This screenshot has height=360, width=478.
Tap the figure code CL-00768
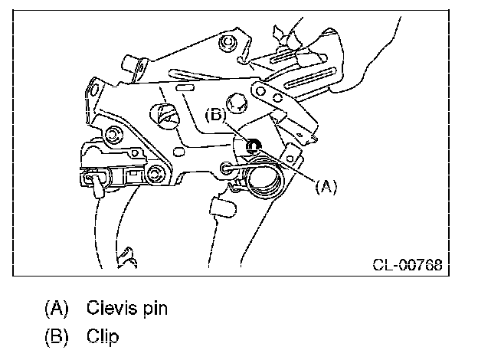coord(407,266)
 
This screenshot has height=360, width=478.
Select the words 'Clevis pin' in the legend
coord(126,309)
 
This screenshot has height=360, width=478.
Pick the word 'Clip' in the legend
coord(103,336)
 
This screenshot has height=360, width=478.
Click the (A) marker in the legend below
coord(57,309)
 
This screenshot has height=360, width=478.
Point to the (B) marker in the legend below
coord(57,336)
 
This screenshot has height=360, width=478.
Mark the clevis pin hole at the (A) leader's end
coord(225,167)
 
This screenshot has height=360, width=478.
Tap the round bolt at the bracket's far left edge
coord(112,135)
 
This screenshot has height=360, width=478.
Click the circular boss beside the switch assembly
coord(159,172)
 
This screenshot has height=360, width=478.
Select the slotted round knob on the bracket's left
coord(165,116)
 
